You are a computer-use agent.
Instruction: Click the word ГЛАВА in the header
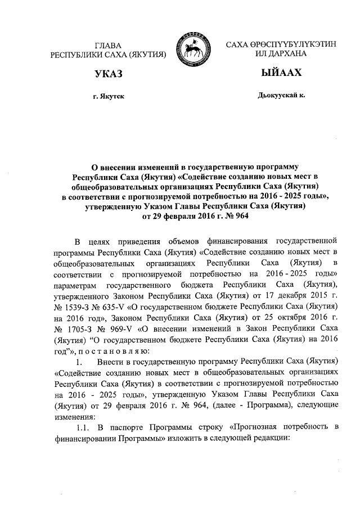pos(109,44)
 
